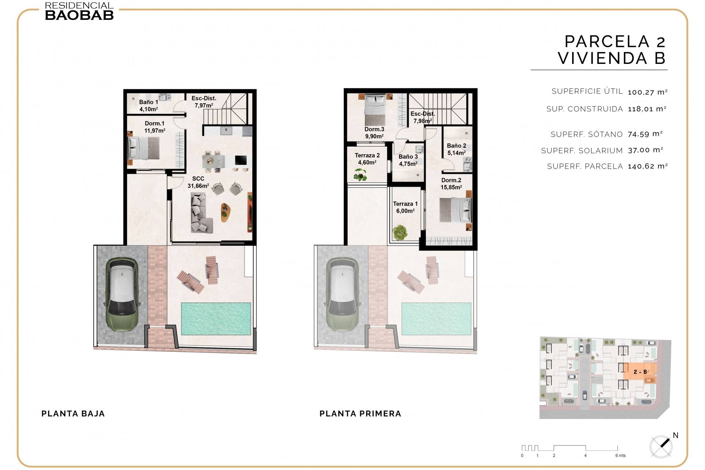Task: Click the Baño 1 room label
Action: pos(148,105)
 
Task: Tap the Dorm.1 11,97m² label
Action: pos(155,127)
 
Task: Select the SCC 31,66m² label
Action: pos(198,182)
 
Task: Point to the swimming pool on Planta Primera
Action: pos(436,319)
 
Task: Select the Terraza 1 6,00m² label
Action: pos(405,207)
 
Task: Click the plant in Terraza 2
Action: pos(360,175)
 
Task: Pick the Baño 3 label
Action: pos(408,160)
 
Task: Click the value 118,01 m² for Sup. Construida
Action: pos(647,109)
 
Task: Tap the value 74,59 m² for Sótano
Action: pos(645,134)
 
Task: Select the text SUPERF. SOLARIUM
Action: pos(582,151)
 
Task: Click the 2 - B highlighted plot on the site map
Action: pos(640,372)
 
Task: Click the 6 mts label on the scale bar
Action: pos(620,456)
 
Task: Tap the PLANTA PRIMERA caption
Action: pos(360,414)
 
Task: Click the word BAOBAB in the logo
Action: pos(79,15)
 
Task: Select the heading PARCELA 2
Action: pos(615,41)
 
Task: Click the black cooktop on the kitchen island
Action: pos(241,160)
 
